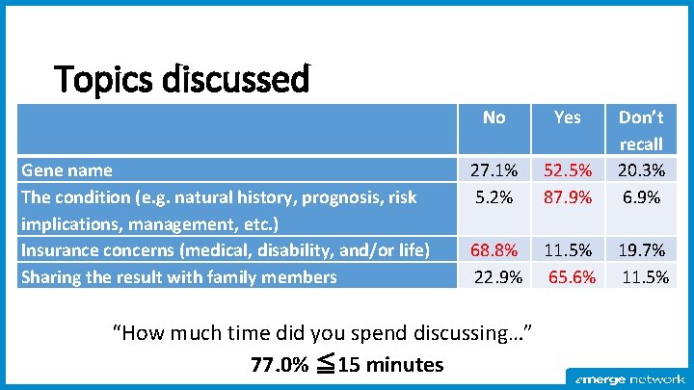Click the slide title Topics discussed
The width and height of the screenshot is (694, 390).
(x=182, y=79)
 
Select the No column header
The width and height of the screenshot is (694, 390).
(x=494, y=117)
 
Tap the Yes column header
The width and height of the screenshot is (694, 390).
(x=568, y=117)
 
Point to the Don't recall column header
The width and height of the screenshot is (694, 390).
(x=641, y=130)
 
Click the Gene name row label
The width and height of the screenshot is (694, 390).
(x=67, y=170)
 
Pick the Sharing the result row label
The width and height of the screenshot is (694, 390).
(x=178, y=277)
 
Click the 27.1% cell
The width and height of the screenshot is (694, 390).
(x=494, y=170)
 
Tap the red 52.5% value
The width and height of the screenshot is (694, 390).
(x=568, y=170)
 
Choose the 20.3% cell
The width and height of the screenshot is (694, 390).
(x=641, y=170)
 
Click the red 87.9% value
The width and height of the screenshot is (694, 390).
(x=568, y=197)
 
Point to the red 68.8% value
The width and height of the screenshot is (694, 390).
(x=494, y=250)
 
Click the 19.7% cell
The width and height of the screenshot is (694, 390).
(x=641, y=250)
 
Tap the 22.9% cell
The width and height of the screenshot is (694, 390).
(x=498, y=277)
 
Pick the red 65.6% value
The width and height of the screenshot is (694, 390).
(x=572, y=277)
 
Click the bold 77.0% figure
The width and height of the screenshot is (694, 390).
(x=279, y=365)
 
